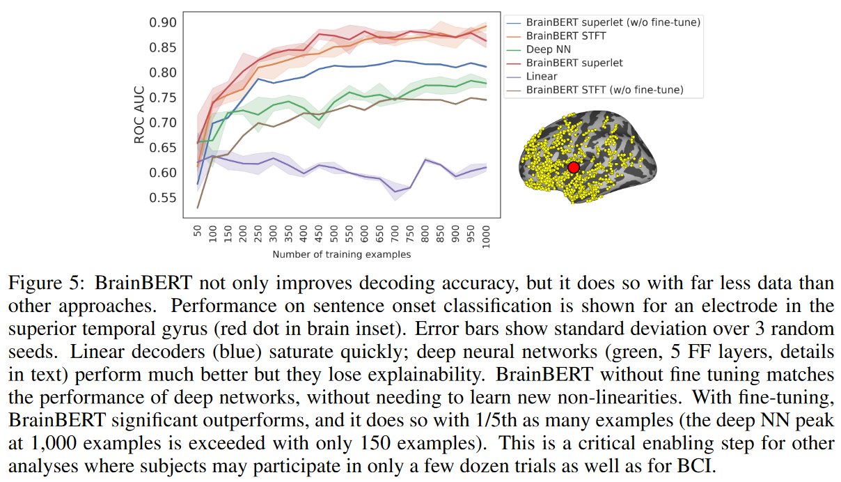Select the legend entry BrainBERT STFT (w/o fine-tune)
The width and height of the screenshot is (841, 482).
click(604, 90)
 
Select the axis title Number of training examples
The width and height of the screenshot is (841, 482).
click(341, 254)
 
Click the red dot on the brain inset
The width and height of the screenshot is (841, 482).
click(574, 167)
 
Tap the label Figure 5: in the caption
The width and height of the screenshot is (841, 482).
click(45, 283)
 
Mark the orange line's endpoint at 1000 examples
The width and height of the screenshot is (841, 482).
click(485, 26)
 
